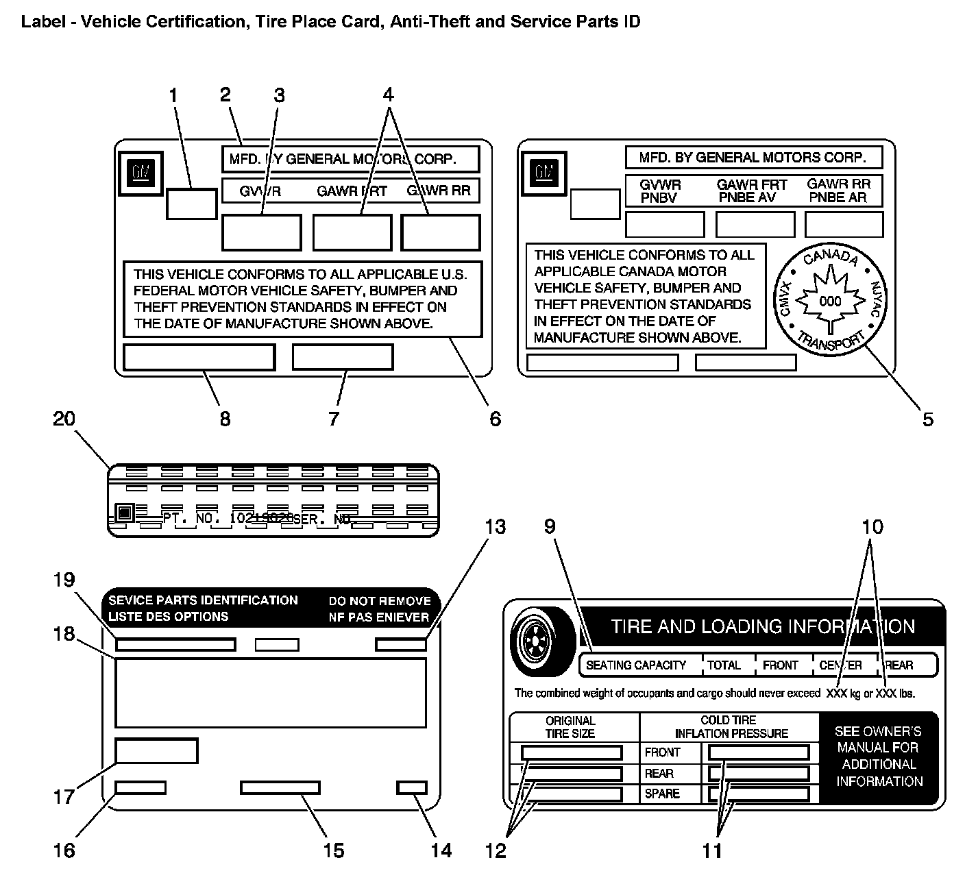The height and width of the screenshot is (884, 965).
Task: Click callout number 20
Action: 64,418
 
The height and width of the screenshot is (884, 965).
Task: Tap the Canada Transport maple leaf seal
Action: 830,300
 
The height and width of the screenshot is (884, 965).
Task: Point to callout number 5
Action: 927,419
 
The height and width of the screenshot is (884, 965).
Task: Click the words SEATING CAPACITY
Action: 636,665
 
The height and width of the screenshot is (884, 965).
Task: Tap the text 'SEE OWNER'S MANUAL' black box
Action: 879,757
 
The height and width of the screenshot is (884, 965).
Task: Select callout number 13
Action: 495,526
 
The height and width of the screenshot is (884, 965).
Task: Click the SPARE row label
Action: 662,794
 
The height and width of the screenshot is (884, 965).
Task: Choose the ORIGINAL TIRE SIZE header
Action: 570,726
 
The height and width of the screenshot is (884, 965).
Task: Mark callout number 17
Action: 64,796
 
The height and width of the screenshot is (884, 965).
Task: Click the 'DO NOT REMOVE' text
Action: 380,601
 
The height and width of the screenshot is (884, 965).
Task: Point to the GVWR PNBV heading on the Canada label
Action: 660,191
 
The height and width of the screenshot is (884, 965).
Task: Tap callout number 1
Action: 173,95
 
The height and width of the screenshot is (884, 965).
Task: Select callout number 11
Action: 712,850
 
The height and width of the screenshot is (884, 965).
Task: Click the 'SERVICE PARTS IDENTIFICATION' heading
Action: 204,600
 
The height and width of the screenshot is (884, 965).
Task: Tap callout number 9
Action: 550,526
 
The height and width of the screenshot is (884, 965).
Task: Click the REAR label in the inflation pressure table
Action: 659,773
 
